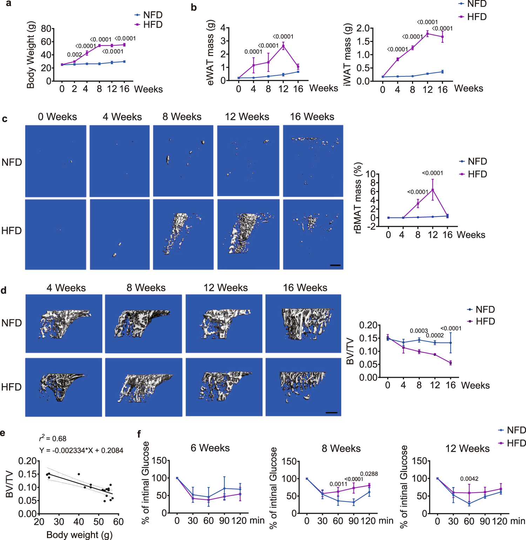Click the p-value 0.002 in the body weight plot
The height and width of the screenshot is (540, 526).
pyautogui.click(x=74, y=55)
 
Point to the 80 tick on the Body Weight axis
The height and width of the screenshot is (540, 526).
pyautogui.click(x=46, y=29)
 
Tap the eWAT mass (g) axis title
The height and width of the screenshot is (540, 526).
pyautogui.click(x=210, y=53)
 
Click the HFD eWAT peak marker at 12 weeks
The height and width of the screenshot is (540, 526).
pyautogui.click(x=283, y=46)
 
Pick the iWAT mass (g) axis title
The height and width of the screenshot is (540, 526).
pyautogui.click(x=347, y=54)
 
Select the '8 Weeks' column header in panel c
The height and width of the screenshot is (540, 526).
pyautogui.click(x=182, y=117)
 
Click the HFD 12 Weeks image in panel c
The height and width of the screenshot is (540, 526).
pyautogui.click(x=248, y=234)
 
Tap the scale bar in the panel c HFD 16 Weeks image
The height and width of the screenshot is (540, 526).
pyautogui.click(x=335, y=265)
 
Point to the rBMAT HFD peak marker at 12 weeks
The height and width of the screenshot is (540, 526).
pyautogui.click(x=433, y=190)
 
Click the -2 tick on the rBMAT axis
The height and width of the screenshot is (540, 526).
pyautogui.click(x=371, y=226)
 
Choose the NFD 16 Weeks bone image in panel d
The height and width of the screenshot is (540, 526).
pyautogui.click(x=303, y=323)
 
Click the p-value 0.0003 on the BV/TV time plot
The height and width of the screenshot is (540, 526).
pyautogui.click(x=419, y=331)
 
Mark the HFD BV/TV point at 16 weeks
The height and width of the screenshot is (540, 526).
pyautogui.click(x=451, y=363)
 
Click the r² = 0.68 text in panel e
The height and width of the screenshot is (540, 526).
pyautogui.click(x=53, y=438)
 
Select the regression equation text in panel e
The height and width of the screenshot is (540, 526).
pyautogui.click(x=81, y=450)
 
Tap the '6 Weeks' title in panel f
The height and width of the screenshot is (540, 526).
pyautogui.click(x=210, y=448)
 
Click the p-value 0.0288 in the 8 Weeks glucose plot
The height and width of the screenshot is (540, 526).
pyautogui.click(x=369, y=474)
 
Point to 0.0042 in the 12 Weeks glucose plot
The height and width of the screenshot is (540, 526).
pyautogui.click(x=469, y=479)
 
